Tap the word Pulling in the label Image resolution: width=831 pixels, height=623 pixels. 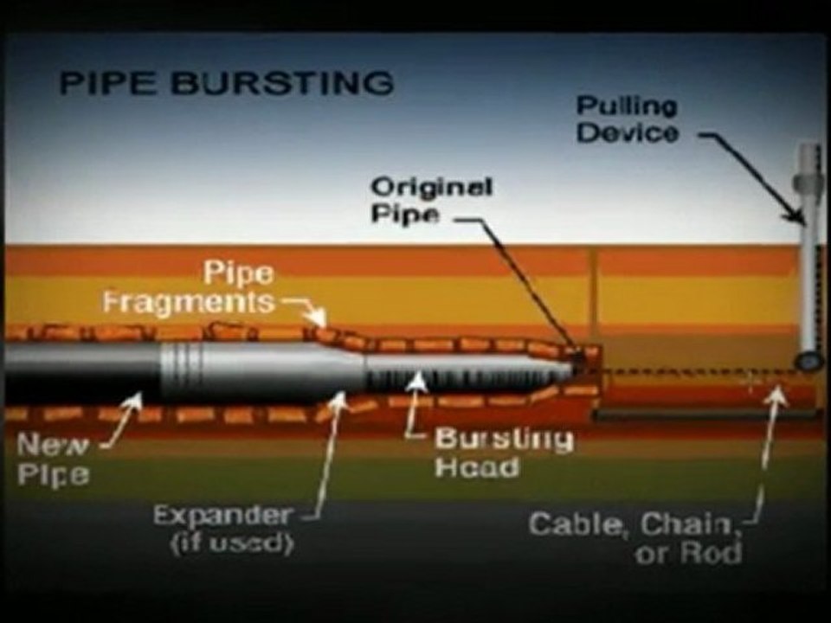627,107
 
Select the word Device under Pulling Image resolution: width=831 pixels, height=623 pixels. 628,132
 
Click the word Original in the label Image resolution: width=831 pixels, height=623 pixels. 431,187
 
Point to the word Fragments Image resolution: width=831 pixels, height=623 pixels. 189,303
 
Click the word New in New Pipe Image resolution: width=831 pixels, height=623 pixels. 52,445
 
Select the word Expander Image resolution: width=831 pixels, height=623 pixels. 222,514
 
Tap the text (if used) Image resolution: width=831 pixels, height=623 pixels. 232,543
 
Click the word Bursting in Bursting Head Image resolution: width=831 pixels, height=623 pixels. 504,440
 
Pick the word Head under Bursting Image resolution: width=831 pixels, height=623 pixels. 476,467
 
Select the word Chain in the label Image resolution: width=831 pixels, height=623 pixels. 689,524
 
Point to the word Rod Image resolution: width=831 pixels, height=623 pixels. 711,553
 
